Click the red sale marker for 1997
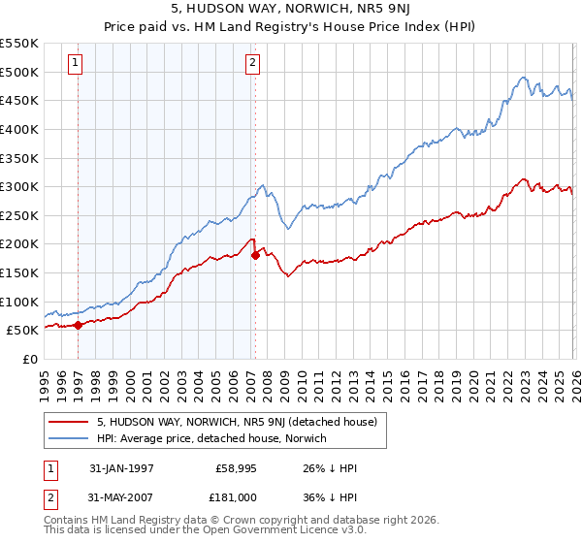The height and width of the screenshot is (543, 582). coord(78,325)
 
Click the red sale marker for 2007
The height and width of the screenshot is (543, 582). coord(255,255)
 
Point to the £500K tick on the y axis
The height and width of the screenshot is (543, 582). coord(20,72)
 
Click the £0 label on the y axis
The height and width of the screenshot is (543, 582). coord(29,359)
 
